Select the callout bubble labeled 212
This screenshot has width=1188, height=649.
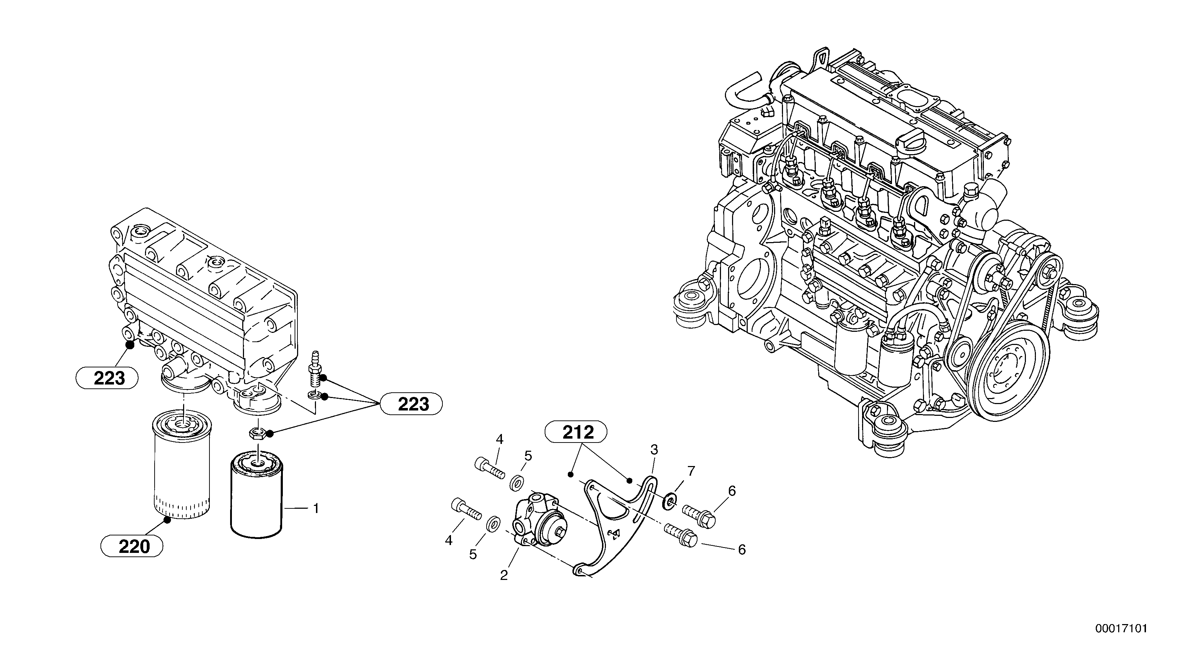tap(576, 432)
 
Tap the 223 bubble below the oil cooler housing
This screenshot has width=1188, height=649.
tap(107, 378)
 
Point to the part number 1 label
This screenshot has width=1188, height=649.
tap(316, 508)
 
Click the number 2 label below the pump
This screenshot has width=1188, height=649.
tap(504, 575)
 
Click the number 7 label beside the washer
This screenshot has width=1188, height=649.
tap(690, 471)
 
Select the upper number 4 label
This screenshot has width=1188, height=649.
tap(499, 440)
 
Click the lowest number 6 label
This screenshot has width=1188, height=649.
tap(742, 549)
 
